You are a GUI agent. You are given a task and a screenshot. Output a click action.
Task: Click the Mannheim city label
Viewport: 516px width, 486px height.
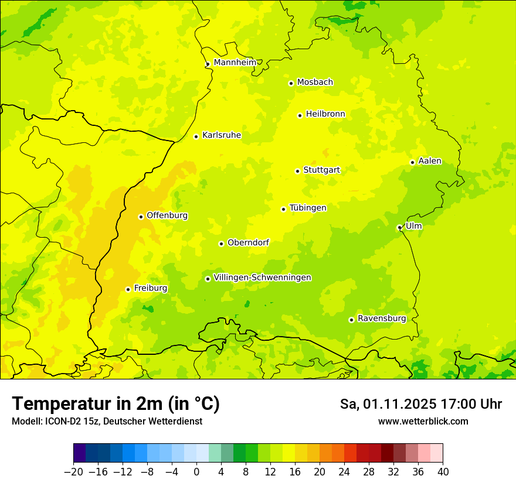tap(235, 63)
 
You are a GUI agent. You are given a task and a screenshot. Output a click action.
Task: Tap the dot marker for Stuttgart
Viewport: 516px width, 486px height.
tap(297, 171)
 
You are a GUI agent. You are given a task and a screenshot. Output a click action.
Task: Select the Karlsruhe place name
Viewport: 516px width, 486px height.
tap(221, 135)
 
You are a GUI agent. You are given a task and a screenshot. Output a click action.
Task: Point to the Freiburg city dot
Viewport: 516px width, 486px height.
tap(128, 289)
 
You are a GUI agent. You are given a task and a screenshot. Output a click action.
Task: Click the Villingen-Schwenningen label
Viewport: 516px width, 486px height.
tap(262, 278)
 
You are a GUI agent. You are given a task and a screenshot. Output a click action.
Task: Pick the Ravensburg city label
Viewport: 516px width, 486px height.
tap(381, 319)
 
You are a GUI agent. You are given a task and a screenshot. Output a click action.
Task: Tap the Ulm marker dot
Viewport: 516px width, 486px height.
tap(399, 228)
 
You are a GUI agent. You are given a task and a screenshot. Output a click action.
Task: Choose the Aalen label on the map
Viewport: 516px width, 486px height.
tap(429, 161)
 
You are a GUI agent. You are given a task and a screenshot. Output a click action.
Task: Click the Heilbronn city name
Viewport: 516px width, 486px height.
tap(325, 114)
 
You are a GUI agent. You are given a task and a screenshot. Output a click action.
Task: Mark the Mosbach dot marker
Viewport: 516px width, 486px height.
tap(291, 83)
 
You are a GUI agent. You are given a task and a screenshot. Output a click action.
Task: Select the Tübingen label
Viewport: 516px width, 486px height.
tap(307, 208)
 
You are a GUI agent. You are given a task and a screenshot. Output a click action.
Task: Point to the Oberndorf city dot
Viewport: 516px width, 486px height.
tap(221, 244)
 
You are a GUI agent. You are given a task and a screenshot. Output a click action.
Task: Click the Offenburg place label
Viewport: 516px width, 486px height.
tap(167, 215)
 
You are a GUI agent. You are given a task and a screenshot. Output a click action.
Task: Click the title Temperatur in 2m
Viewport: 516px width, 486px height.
tap(116, 404)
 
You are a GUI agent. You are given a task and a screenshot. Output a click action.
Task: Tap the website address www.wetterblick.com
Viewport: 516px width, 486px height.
tap(423, 422)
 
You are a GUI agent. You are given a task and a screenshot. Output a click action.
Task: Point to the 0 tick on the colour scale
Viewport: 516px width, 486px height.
tap(196, 472)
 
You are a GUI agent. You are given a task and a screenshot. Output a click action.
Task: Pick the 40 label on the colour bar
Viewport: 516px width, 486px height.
tap(443, 472)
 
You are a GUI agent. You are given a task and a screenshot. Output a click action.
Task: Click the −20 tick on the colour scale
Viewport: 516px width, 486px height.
tap(74, 472)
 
